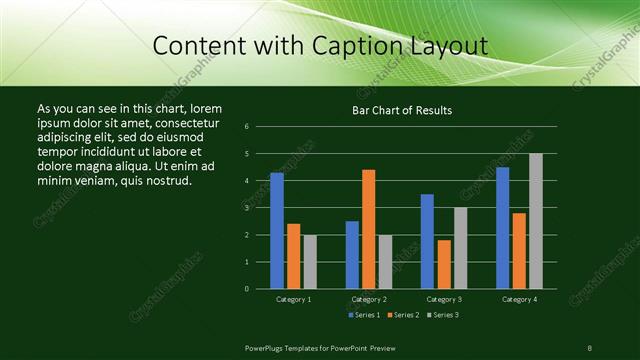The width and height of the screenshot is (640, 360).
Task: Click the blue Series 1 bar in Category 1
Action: point(277,230)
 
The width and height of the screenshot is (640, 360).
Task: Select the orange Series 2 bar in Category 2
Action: point(369,229)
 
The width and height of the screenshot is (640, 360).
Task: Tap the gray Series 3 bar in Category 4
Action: point(536,220)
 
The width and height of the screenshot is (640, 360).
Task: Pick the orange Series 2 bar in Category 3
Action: point(444,264)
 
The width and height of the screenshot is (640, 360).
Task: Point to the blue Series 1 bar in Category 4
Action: point(503,227)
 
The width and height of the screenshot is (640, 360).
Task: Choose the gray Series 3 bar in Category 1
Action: point(310,261)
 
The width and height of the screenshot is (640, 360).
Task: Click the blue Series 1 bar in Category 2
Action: point(352,254)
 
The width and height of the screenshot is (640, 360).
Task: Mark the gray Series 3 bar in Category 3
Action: point(461,248)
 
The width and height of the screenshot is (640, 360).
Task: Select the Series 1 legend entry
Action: point(364,315)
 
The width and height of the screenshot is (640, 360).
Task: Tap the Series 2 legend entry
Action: point(403,315)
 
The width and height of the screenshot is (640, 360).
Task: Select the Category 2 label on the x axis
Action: point(369,299)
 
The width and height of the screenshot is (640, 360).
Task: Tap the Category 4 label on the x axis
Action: point(519,299)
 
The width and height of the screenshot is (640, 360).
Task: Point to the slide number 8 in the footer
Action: point(590,347)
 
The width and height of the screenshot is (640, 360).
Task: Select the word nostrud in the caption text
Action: point(167,180)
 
